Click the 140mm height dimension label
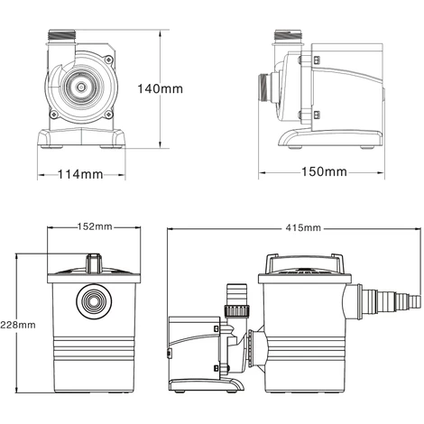pos(160,88)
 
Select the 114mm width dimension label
pos(80,174)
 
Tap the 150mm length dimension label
pos(324,171)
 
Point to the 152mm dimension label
pos(95,226)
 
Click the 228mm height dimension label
pos(18,325)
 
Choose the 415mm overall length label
pos(303,228)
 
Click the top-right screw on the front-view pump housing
pos(108,60)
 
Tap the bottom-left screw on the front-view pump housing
pos(54,114)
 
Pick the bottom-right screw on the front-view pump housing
pos(108,114)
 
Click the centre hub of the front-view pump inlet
pos(81,87)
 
